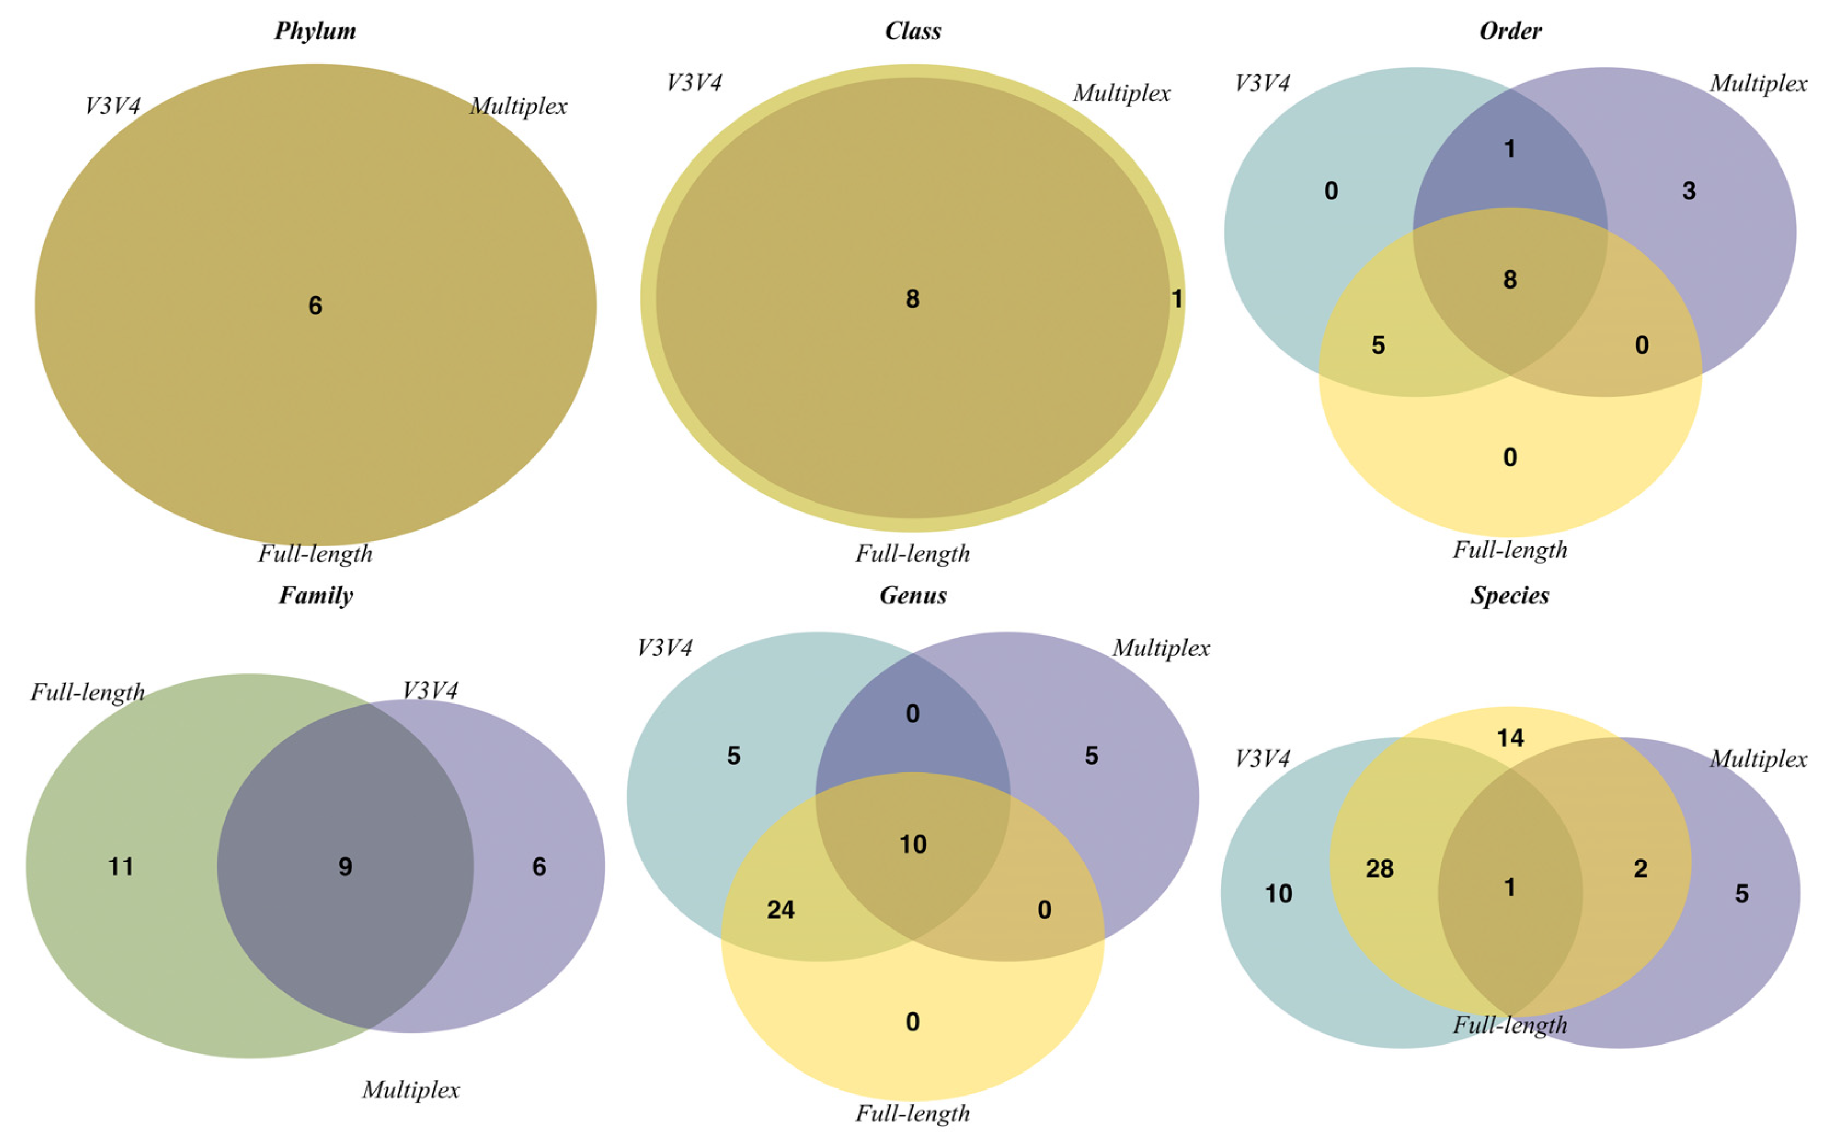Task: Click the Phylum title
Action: pos(315,31)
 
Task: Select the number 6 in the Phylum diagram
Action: pos(315,306)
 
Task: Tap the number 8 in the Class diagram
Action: pos(912,299)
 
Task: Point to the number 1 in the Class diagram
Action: pos(1176,299)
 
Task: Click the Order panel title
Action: pos(1510,31)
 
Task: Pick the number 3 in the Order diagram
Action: pos(1689,191)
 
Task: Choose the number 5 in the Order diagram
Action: pos(1378,345)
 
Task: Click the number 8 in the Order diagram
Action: pos(1510,280)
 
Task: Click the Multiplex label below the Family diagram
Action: pos(411,1090)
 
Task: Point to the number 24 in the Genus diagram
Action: pos(781,909)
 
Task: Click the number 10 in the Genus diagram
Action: pos(913,844)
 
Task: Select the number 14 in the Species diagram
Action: pos(1510,737)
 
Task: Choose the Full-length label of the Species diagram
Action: pos(1510,1025)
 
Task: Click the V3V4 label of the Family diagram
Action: pos(429,690)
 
